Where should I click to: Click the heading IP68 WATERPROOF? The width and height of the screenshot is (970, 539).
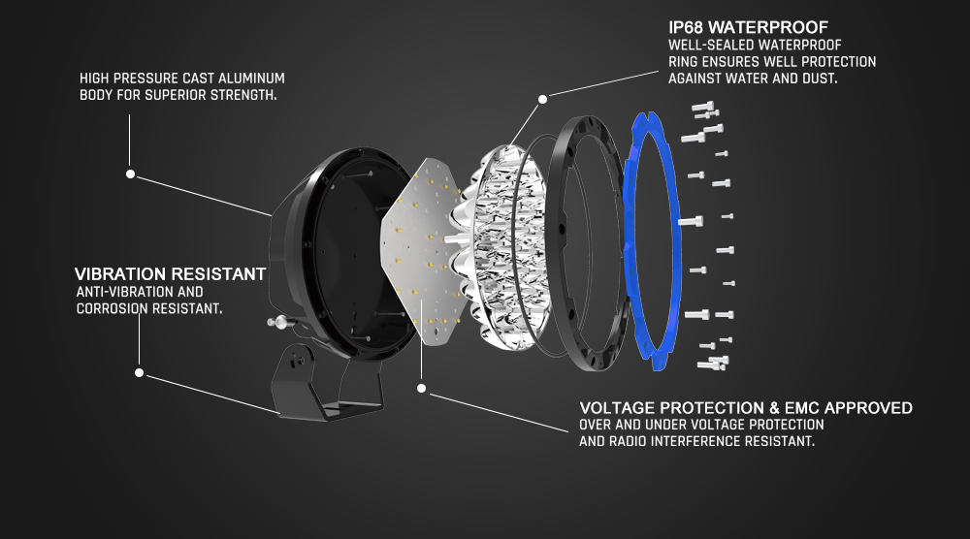tap(748, 27)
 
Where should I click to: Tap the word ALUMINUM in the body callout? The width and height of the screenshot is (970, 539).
tap(254, 79)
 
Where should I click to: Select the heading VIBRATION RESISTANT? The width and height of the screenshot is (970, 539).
tap(170, 273)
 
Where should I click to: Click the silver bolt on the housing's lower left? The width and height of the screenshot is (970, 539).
tap(278, 321)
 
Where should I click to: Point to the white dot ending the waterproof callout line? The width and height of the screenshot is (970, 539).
tap(542, 99)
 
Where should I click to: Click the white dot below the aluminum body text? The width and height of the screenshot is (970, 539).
tap(131, 174)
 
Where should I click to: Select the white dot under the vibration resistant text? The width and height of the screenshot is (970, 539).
tap(139, 372)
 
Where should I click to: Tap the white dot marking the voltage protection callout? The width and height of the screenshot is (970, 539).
tap(421, 388)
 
